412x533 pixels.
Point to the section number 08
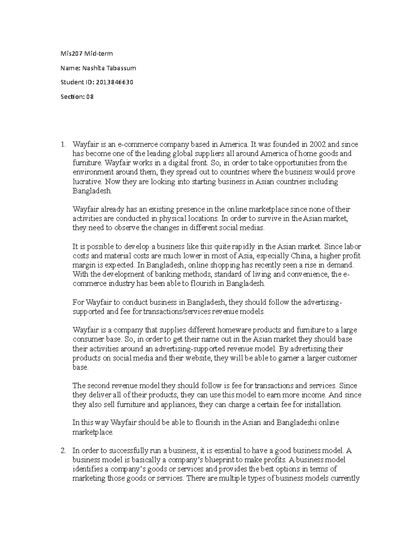point(90,97)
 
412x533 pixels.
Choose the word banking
point(153,274)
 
